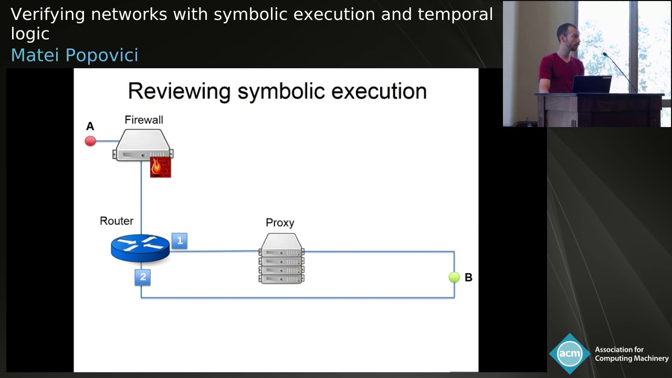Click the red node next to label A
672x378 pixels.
click(x=90, y=141)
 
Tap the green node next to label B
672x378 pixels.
click(x=454, y=277)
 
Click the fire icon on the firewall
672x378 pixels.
click(x=160, y=167)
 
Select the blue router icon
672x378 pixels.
click(x=140, y=248)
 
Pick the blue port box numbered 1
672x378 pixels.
click(x=180, y=241)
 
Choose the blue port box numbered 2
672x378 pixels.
click(x=143, y=277)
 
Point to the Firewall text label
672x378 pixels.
click(x=144, y=120)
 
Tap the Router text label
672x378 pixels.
click(x=117, y=221)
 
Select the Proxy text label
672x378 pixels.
click(x=280, y=223)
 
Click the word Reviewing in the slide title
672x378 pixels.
click(x=180, y=91)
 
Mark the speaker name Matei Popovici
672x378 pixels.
click(x=75, y=55)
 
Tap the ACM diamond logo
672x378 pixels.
click(x=569, y=353)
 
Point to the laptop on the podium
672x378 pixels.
click(x=592, y=85)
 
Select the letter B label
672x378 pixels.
click(x=468, y=277)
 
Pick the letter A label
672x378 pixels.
click(x=90, y=127)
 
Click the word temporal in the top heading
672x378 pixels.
click(x=455, y=15)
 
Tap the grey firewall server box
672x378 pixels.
click(x=142, y=145)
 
